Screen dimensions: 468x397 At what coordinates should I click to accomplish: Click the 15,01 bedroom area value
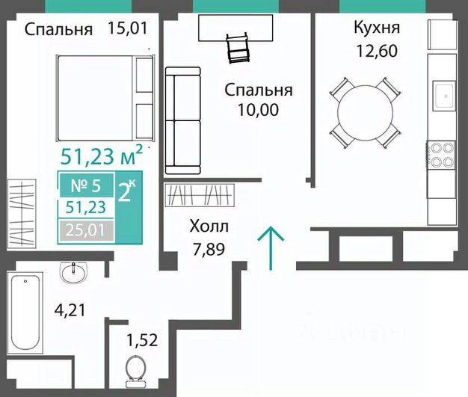pos(127,28)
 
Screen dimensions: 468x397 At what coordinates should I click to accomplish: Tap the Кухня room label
pos(377,27)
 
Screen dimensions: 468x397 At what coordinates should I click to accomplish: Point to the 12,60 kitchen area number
pos(378,50)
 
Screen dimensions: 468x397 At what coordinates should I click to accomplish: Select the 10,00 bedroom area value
pos(258,110)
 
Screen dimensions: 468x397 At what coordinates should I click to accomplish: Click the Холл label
pos(209,227)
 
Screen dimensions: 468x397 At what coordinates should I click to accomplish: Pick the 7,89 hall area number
pos(209,249)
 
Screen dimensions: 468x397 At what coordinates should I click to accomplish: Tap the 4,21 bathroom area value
pos(70,310)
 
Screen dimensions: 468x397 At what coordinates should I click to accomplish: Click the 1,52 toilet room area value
pos(142,340)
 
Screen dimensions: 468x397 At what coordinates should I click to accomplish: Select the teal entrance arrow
pos(271,247)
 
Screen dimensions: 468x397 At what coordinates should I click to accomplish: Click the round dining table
pos(365,113)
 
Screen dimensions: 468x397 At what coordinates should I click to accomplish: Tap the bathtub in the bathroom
pos(25,313)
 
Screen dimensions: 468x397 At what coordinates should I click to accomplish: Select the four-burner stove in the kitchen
pos(441,155)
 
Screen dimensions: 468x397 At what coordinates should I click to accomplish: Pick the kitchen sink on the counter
pos(445,96)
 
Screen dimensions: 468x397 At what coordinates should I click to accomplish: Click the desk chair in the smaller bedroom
pos(238,47)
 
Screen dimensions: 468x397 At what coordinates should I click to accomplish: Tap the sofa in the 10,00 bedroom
pos(182,120)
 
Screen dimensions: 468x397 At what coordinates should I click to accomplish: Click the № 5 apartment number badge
pos(87,185)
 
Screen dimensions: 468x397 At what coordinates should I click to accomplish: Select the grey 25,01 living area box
pos(86,230)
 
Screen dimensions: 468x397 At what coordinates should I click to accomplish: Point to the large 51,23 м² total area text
pos(102,156)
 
